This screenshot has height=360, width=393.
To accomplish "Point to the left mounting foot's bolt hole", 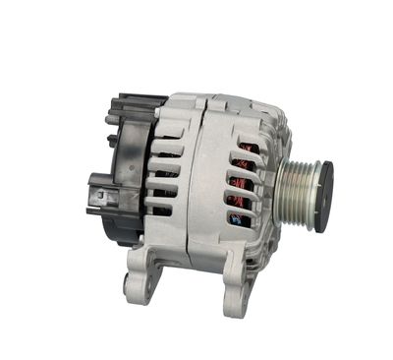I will (139, 284).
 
